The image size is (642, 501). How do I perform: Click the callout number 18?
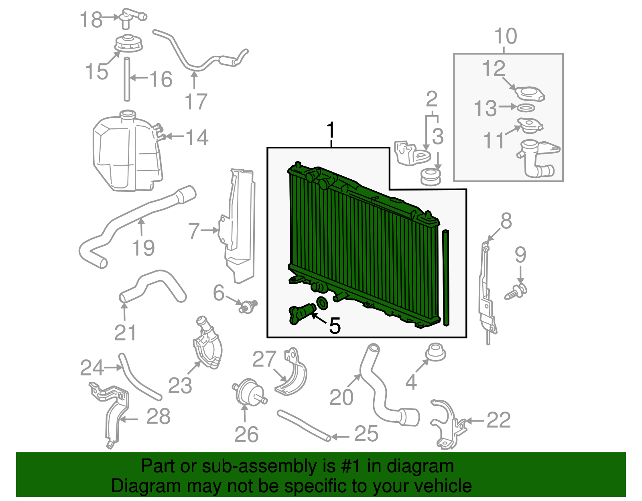pyautogui.click(x=91, y=20)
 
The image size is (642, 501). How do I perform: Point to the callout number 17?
pyautogui.click(x=196, y=101)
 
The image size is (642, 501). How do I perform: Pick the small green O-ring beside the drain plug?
pyautogui.click(x=322, y=303)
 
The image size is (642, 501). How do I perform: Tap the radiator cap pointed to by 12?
pyautogui.click(x=529, y=93)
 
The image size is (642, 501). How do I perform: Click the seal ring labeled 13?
pyautogui.click(x=526, y=108)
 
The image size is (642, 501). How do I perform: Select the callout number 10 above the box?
pyautogui.click(x=506, y=36)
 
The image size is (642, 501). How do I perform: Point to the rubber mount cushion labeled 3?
pyautogui.click(x=431, y=177)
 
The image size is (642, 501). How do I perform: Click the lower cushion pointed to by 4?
pyautogui.click(x=435, y=352)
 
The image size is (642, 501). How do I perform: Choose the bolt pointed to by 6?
pyautogui.click(x=248, y=306)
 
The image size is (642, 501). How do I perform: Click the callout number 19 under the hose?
pyautogui.click(x=143, y=248)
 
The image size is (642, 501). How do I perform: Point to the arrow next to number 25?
pyautogui.click(x=340, y=437)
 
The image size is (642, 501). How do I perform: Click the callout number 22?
pyautogui.click(x=498, y=420)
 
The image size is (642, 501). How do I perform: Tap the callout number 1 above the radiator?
pyautogui.click(x=331, y=130)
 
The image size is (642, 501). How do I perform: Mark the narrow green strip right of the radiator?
pyautogui.click(x=446, y=278)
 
